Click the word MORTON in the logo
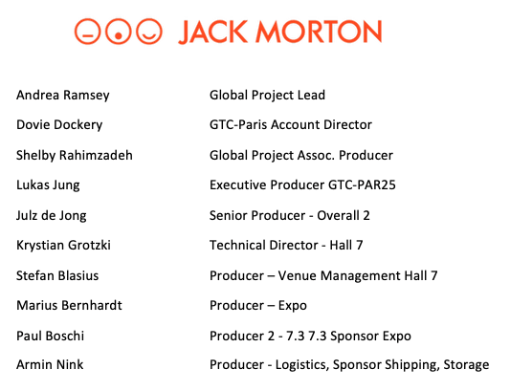tap(319, 32)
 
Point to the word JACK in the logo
tap(213, 32)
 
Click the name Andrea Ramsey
tap(63, 96)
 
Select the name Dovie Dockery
tap(59, 125)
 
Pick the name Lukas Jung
tap(48, 185)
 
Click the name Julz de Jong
tap(52, 216)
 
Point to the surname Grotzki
tap(89, 245)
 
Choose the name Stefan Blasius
tap(57, 275)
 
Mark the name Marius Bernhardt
tap(69, 305)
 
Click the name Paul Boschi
tap(51, 336)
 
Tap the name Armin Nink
tap(50, 364)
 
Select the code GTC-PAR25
tap(362, 185)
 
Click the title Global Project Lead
tap(267, 96)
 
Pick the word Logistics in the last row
tap(300, 365)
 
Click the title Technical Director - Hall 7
tap(286, 245)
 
